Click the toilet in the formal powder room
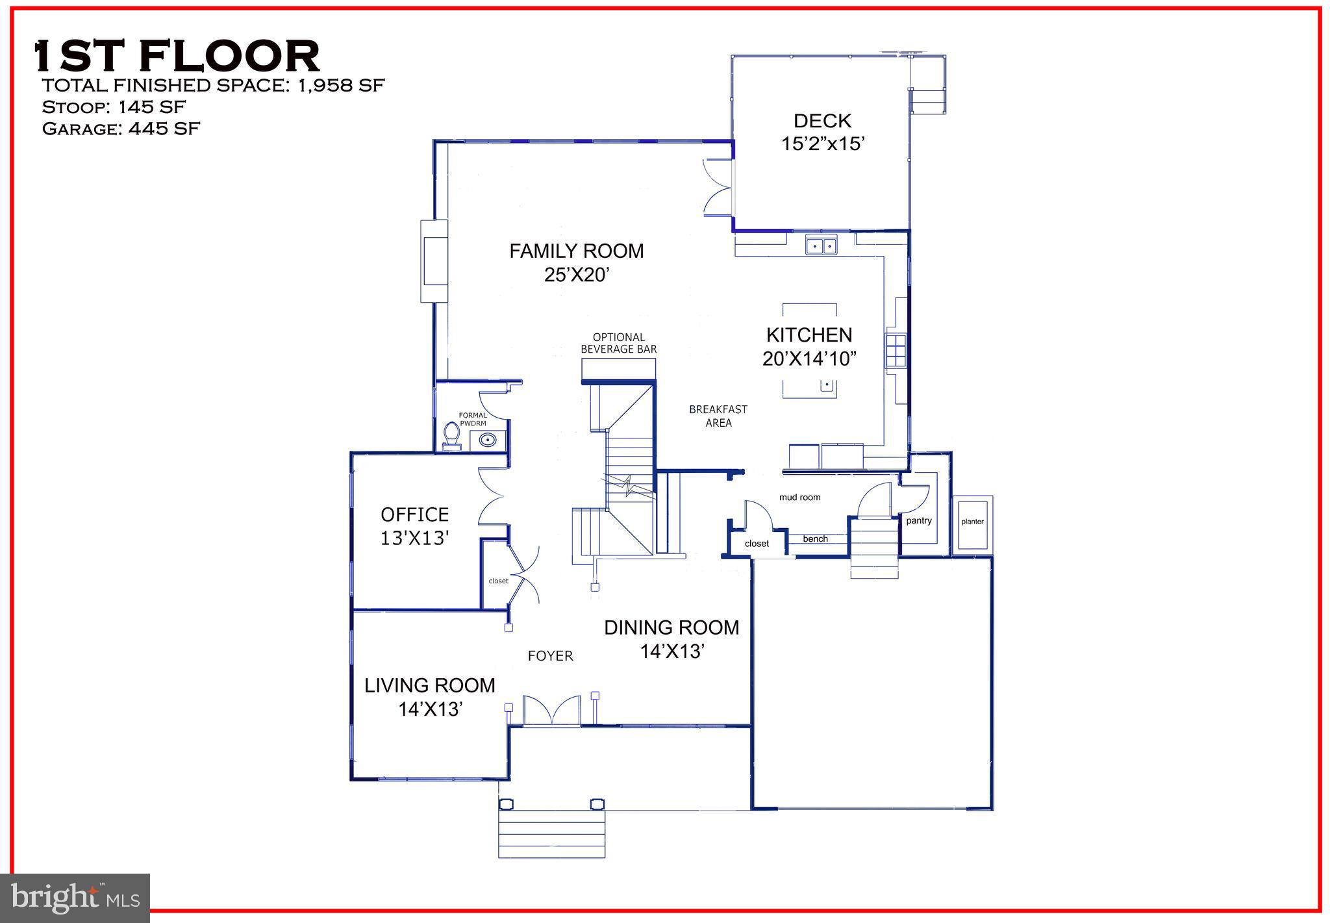pyautogui.click(x=451, y=435)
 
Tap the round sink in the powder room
pyautogui.click(x=487, y=440)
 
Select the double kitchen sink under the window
pyautogui.click(x=821, y=246)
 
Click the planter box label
pyautogui.click(x=972, y=522)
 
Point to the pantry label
pyautogui.click(x=918, y=520)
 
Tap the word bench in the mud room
pyautogui.click(x=815, y=538)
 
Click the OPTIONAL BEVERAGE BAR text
pyautogui.click(x=618, y=343)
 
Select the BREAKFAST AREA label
pyautogui.click(x=718, y=416)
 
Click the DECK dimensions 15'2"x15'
pyautogui.click(x=822, y=144)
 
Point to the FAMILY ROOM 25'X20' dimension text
pyautogui.click(x=576, y=275)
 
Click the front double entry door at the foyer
pyautogui.click(x=552, y=710)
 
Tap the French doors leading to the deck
pyautogui.click(x=718, y=187)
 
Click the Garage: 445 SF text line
pyautogui.click(x=121, y=129)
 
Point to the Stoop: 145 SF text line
pyautogui.click(x=114, y=107)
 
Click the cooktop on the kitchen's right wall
pyautogui.click(x=896, y=351)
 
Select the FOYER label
pyautogui.click(x=550, y=656)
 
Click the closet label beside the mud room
pyautogui.click(x=757, y=544)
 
